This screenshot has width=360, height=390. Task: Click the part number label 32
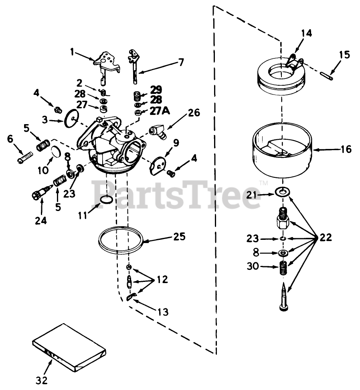pyautogui.click(x=42, y=380)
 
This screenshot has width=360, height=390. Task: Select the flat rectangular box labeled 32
pyautogui.click(x=69, y=346)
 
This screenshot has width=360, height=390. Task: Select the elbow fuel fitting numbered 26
pyautogui.click(x=157, y=132)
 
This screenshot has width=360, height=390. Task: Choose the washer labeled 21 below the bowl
pyautogui.click(x=285, y=193)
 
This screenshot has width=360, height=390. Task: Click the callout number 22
pyautogui.click(x=325, y=237)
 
